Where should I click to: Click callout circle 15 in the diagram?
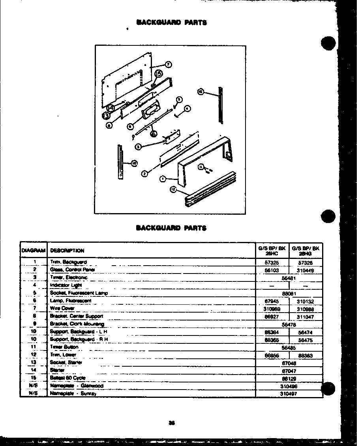[158, 73]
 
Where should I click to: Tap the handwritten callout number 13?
[105, 115]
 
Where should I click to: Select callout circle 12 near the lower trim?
[173, 190]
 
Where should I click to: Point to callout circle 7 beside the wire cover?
[168, 64]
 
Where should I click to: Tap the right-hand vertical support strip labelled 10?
[221, 106]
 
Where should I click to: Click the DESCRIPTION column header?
[67, 251]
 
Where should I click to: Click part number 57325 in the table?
[272, 262]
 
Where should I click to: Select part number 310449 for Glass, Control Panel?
[305, 270]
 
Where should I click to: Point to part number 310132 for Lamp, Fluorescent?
[305, 301]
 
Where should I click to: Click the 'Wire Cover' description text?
[62, 308]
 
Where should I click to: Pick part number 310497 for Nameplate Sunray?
[289, 394]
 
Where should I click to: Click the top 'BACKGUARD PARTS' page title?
[171, 22]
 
